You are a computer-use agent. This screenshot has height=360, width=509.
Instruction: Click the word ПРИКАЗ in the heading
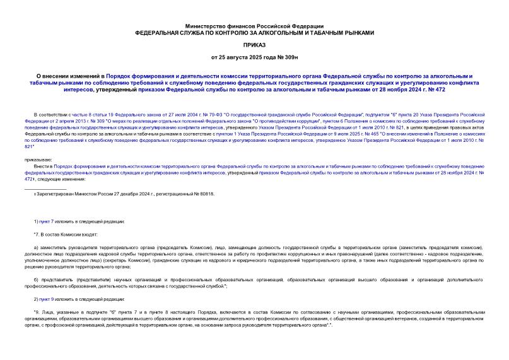[x=254, y=45]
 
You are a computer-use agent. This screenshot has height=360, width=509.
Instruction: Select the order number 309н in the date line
[x=288, y=59]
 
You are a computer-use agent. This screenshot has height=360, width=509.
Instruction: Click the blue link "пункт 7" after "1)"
[x=51, y=221]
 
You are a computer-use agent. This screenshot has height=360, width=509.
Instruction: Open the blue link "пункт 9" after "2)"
[x=51, y=299]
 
